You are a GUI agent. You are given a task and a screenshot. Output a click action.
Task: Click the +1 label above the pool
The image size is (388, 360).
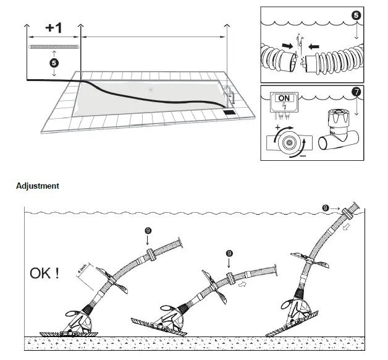(x=53, y=28)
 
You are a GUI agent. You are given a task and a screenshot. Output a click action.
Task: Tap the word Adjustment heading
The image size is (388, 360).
(x=38, y=186)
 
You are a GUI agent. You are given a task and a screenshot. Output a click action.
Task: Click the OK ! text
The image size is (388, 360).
(x=44, y=272)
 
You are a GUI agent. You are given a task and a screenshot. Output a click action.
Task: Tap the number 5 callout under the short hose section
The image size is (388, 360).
(x=54, y=62)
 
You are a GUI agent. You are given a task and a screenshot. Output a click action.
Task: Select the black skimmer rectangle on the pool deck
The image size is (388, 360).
(x=229, y=113)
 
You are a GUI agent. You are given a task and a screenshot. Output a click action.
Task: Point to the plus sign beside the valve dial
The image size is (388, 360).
(x=277, y=126)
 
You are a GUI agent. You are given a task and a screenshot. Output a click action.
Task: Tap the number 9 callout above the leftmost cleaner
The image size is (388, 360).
(x=148, y=230)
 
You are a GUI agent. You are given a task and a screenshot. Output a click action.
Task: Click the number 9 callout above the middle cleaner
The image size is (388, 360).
(x=229, y=253)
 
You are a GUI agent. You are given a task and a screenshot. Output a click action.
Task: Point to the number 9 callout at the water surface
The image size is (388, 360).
(x=326, y=207)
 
